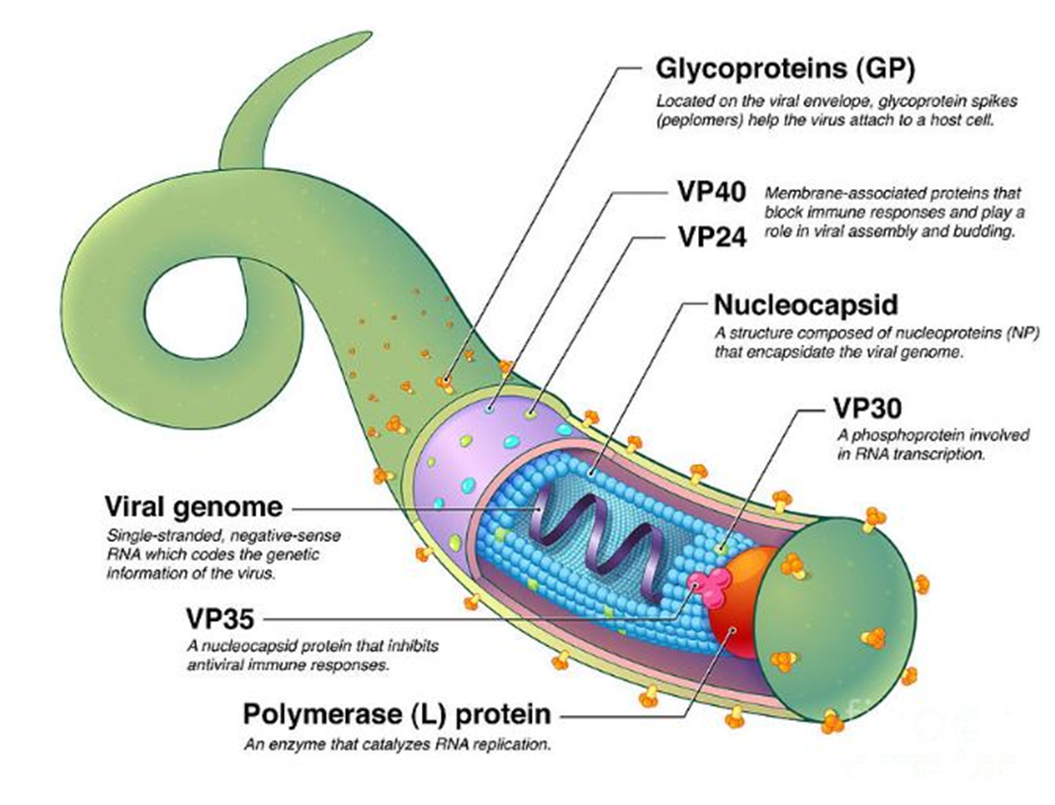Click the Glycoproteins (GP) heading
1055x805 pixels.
(785, 68)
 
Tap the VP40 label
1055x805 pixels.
(712, 192)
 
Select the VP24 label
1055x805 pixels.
(712, 237)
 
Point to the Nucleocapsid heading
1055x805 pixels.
(806, 305)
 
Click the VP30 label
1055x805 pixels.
(867, 407)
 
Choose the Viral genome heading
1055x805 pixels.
(194, 506)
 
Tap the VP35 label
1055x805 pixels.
(220, 618)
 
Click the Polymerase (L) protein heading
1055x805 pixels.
(396, 715)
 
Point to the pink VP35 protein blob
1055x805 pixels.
(711, 583)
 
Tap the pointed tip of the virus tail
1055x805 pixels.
(369, 33)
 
